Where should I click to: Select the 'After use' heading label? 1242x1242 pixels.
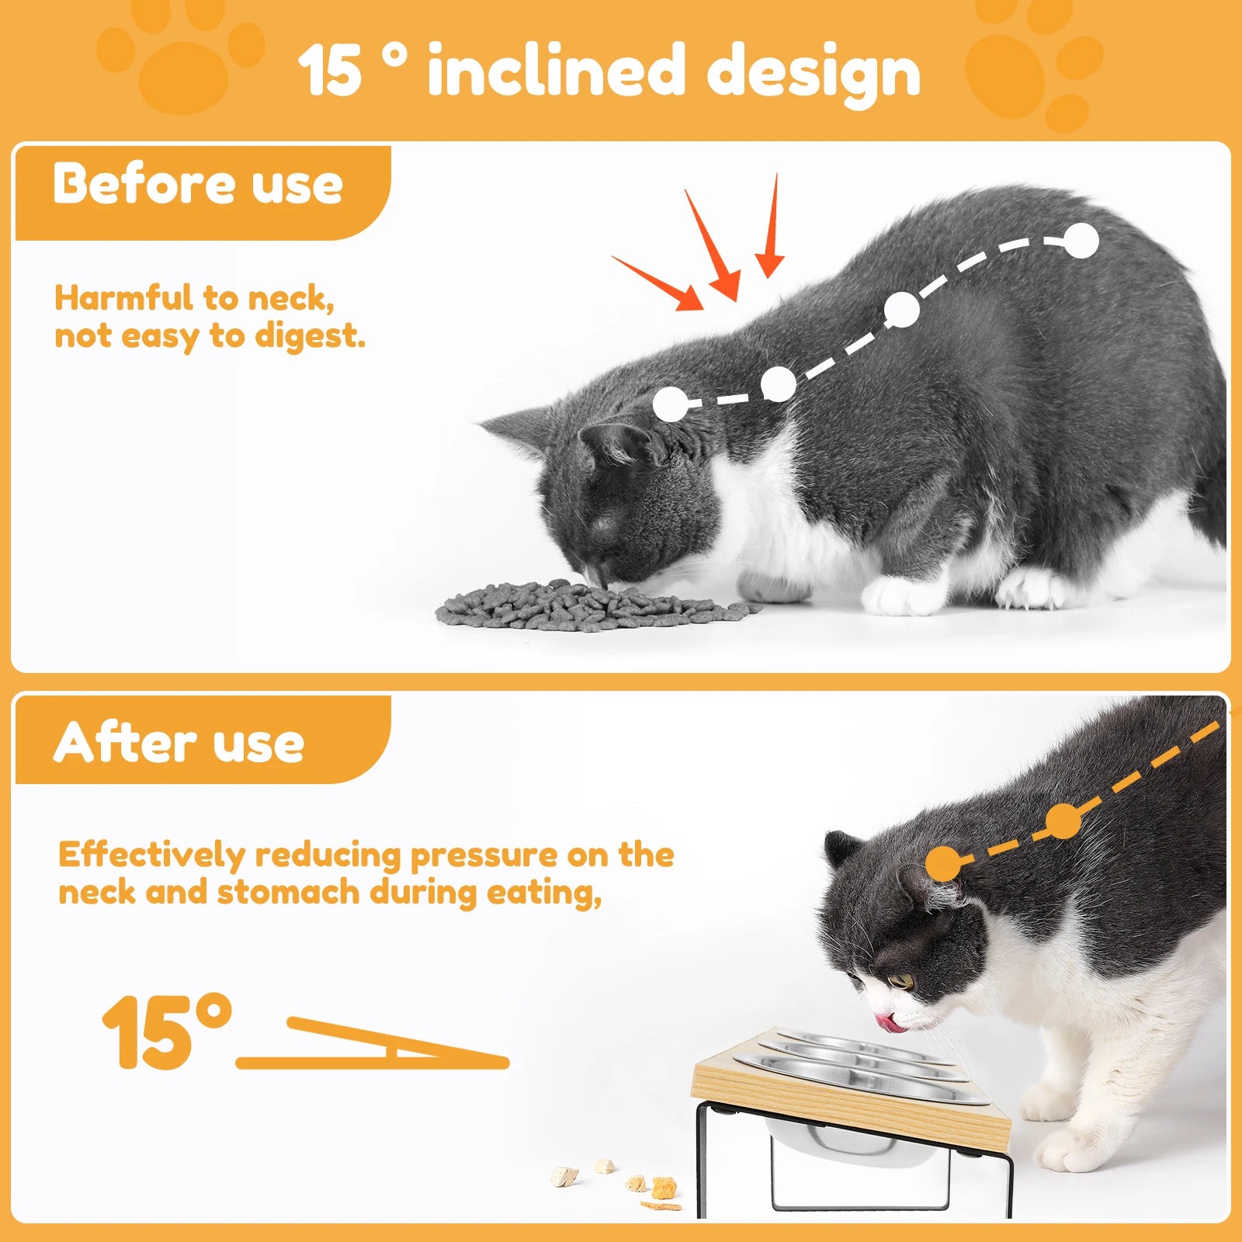[179, 742]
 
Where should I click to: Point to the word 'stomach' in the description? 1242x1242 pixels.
[287, 893]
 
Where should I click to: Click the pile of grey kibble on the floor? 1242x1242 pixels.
[590, 605]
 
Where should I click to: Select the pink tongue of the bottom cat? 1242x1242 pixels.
[890, 1023]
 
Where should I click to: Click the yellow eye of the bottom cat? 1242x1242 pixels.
[901, 981]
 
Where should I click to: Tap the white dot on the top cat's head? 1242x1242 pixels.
[671, 404]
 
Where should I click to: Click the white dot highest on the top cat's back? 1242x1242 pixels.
[1081, 241]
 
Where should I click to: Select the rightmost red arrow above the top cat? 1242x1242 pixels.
[771, 230]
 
